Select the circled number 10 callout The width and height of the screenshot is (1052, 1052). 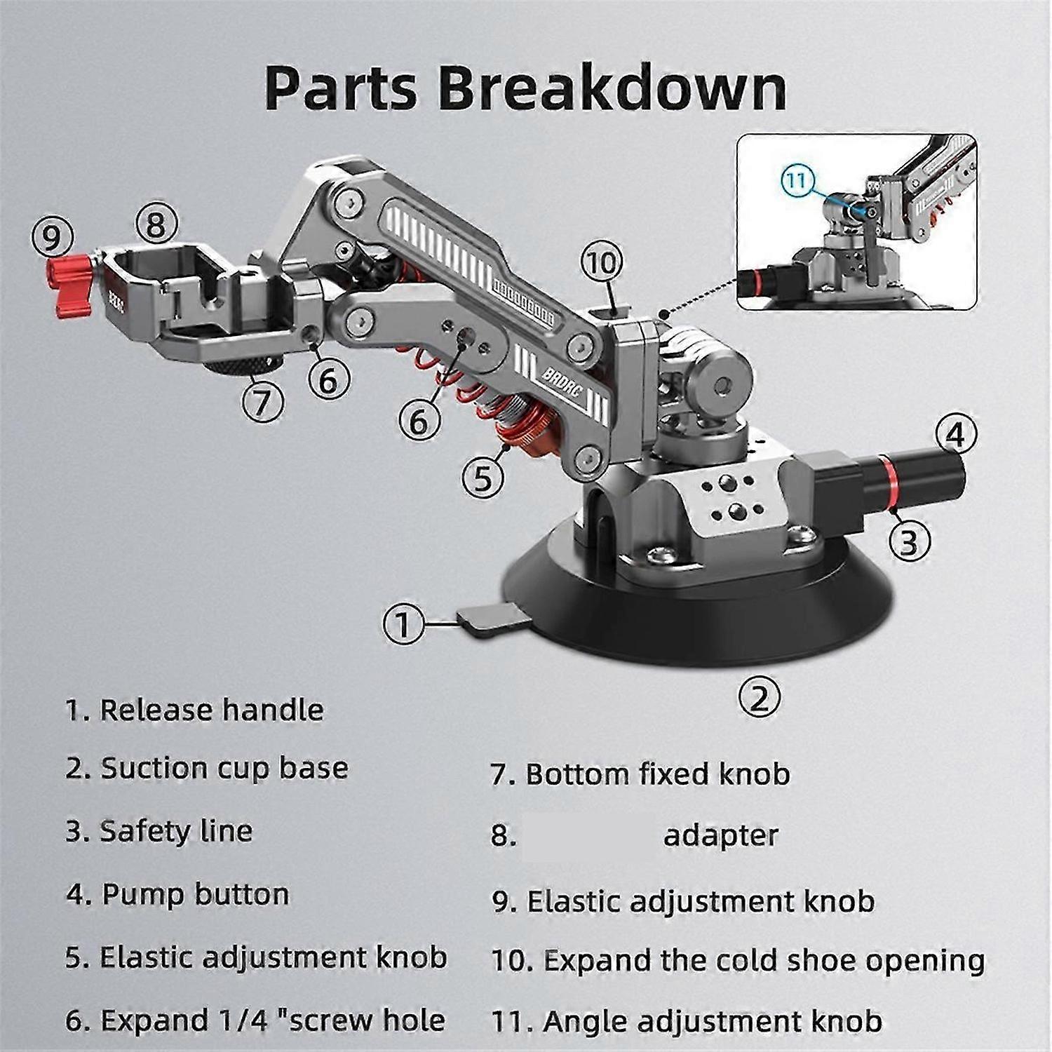coord(601,263)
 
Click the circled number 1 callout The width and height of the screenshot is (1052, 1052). coord(403,623)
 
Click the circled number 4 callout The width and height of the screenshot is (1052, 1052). coord(955,436)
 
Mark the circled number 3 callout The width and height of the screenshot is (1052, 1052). coord(909,541)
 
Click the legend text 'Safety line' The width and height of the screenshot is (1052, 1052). coord(176,831)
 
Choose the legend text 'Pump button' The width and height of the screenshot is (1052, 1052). coord(195,894)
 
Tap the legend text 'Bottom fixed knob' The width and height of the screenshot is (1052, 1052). coord(657,774)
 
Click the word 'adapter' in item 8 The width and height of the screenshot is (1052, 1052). coord(721,835)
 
